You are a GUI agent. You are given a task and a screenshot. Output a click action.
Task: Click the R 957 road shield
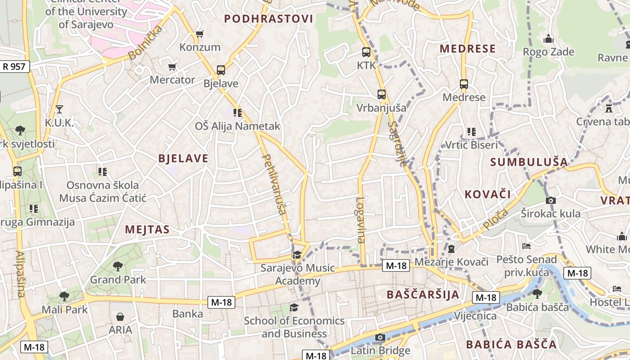(15, 67)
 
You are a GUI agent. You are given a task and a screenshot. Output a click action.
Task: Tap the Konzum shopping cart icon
(200, 34)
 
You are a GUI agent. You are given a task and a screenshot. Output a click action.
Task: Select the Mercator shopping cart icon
(171, 67)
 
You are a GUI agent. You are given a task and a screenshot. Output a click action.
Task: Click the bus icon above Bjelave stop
(220, 70)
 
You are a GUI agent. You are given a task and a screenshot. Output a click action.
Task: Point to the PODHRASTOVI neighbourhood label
(268, 19)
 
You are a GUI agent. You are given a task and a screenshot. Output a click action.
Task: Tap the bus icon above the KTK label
(366, 52)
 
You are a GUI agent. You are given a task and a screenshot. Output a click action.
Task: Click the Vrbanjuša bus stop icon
(381, 94)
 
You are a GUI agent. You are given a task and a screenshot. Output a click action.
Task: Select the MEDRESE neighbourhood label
(468, 49)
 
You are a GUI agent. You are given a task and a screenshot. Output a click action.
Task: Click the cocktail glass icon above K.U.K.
(59, 109)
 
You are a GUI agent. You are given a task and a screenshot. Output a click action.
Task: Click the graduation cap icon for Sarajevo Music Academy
(297, 255)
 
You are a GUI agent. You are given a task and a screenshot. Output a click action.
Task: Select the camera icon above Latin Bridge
(380, 337)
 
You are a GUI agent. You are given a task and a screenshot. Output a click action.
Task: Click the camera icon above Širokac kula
(550, 200)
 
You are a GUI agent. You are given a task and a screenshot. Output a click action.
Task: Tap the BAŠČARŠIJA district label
(423, 295)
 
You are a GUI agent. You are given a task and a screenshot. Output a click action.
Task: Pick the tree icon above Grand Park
(118, 266)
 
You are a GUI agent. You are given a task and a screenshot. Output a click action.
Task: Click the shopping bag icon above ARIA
(120, 317)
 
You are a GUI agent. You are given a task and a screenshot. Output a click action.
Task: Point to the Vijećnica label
(475, 315)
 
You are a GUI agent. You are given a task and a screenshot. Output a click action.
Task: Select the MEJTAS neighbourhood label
(147, 230)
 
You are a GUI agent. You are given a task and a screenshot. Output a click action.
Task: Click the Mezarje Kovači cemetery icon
(451, 248)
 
